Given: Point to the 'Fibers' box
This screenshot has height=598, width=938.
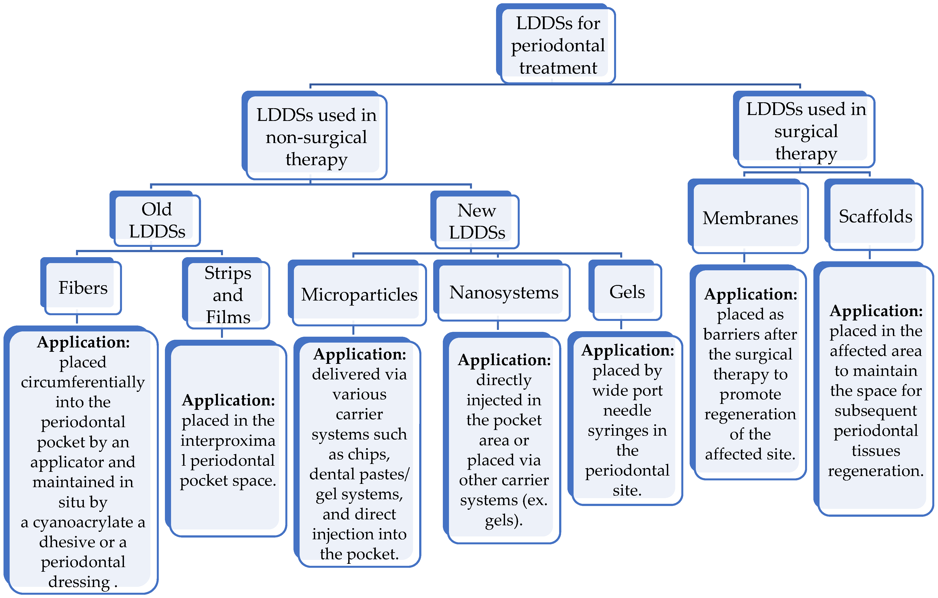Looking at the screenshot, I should point(83,288).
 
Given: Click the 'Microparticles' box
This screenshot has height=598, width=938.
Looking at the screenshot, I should point(359,295).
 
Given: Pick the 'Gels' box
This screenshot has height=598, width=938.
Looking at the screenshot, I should point(627,292).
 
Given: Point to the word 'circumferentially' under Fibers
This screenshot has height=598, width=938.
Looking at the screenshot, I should point(83,382).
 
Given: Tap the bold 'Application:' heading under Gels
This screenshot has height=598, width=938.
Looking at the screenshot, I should point(627,350).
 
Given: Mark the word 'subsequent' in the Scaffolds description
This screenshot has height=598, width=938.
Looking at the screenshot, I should point(875,411).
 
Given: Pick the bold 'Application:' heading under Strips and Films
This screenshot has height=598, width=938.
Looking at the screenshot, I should point(228,400).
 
